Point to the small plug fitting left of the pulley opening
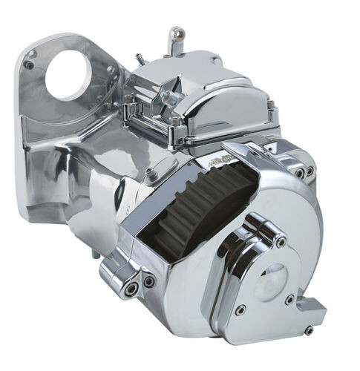point(150,175)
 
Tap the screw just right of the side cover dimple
point(289,299)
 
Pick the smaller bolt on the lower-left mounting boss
point(148,282)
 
